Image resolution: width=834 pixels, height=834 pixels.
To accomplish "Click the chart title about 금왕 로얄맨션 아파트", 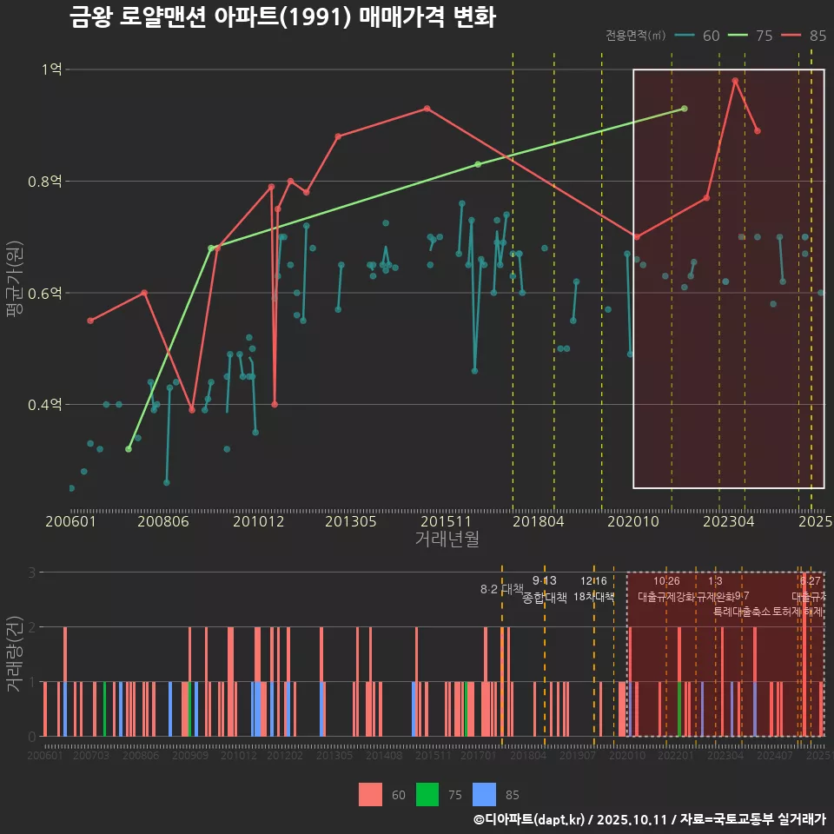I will click(282, 18).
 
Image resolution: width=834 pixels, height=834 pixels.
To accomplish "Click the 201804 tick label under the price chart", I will click(538, 521).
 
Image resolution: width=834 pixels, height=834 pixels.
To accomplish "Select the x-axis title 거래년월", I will click(447, 539).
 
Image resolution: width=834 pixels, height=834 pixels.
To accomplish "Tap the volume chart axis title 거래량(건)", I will click(14, 654).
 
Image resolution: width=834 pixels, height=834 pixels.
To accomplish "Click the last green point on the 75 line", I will click(685, 109).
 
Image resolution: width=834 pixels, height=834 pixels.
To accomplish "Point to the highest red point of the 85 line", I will click(735, 81).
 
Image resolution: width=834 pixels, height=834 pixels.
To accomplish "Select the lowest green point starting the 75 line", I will click(129, 449).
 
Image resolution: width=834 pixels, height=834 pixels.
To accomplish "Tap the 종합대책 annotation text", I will click(545, 598).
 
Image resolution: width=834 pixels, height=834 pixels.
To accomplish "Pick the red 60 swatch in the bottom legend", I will click(370, 794).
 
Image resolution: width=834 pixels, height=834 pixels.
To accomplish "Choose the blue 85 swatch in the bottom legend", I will click(484, 794).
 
